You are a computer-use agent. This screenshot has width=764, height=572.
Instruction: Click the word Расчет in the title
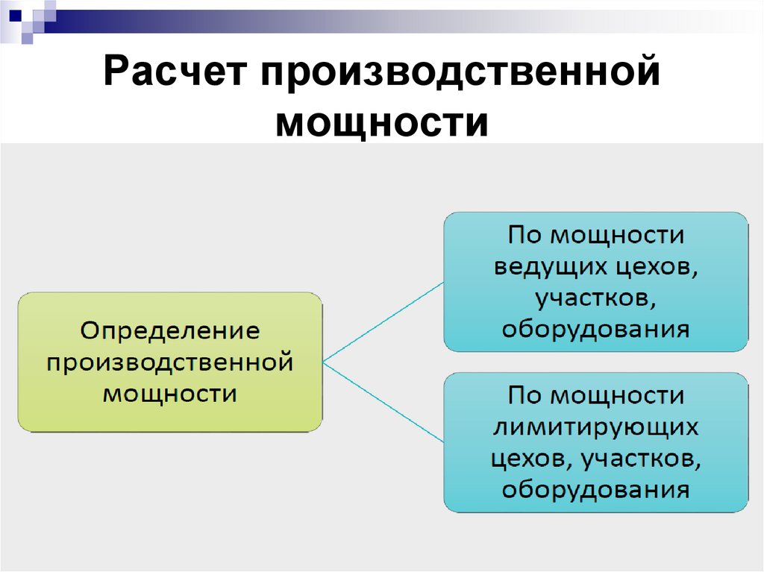pyautogui.click(x=177, y=78)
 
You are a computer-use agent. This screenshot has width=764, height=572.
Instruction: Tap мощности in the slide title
pyautogui.click(x=381, y=122)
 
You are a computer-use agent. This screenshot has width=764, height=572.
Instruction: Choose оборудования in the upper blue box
pyautogui.click(x=595, y=329)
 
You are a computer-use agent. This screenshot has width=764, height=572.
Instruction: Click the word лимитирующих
pyautogui.click(x=595, y=427)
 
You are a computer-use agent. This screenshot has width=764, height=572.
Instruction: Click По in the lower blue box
pyautogui.click(x=525, y=395)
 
